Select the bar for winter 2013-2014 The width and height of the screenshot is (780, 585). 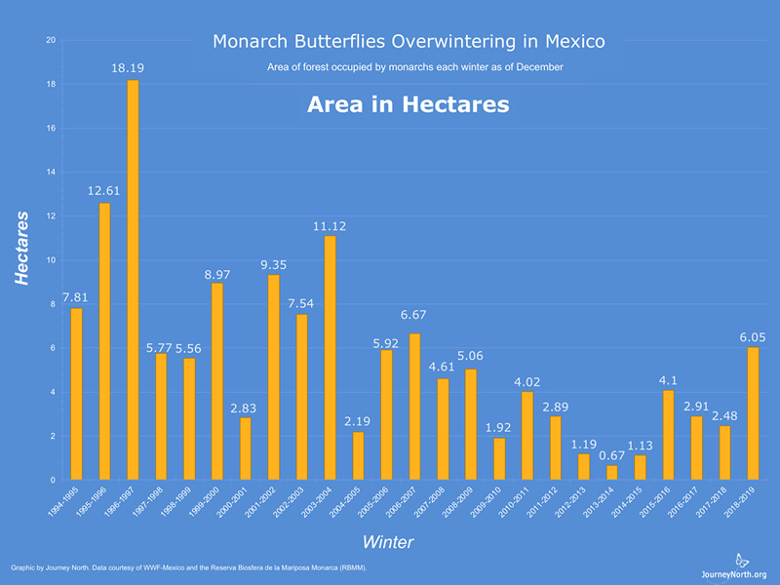[611, 473]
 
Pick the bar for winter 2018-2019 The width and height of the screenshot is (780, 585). [753, 413]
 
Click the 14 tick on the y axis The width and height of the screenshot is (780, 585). [51, 173]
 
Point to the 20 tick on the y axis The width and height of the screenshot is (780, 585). [51, 40]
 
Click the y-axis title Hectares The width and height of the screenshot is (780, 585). [22, 248]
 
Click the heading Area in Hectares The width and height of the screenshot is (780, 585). [408, 104]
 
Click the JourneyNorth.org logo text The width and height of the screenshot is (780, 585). [733, 574]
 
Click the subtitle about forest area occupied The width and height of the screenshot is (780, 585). [414, 67]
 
